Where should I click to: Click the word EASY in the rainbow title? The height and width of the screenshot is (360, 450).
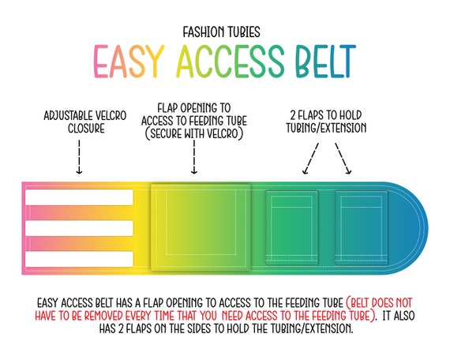(x=129, y=62)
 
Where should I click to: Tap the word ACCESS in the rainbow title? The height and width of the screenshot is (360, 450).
(x=231, y=62)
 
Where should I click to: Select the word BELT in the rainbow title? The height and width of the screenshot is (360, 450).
(x=326, y=62)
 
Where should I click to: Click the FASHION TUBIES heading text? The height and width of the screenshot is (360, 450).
(x=222, y=32)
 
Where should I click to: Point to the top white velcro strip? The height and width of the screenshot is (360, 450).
(x=79, y=197)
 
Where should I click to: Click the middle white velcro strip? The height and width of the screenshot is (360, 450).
(x=79, y=228)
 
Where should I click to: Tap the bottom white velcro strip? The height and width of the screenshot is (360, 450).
(x=79, y=259)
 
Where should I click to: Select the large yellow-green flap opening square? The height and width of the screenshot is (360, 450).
(x=201, y=227)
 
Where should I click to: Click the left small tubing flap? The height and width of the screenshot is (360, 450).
(x=292, y=227)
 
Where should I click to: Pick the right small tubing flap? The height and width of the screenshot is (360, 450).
(x=362, y=227)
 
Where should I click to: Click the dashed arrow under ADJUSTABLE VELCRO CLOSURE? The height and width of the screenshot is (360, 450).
(x=79, y=157)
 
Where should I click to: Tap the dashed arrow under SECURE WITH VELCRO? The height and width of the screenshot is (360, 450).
(x=194, y=157)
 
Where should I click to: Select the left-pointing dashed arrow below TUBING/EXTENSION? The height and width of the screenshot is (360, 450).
(x=310, y=159)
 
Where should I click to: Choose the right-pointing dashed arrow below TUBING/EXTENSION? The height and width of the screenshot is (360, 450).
(x=343, y=159)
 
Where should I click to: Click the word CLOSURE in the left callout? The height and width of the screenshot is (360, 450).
(x=86, y=129)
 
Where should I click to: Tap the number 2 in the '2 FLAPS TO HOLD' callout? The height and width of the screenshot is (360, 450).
(x=293, y=115)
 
